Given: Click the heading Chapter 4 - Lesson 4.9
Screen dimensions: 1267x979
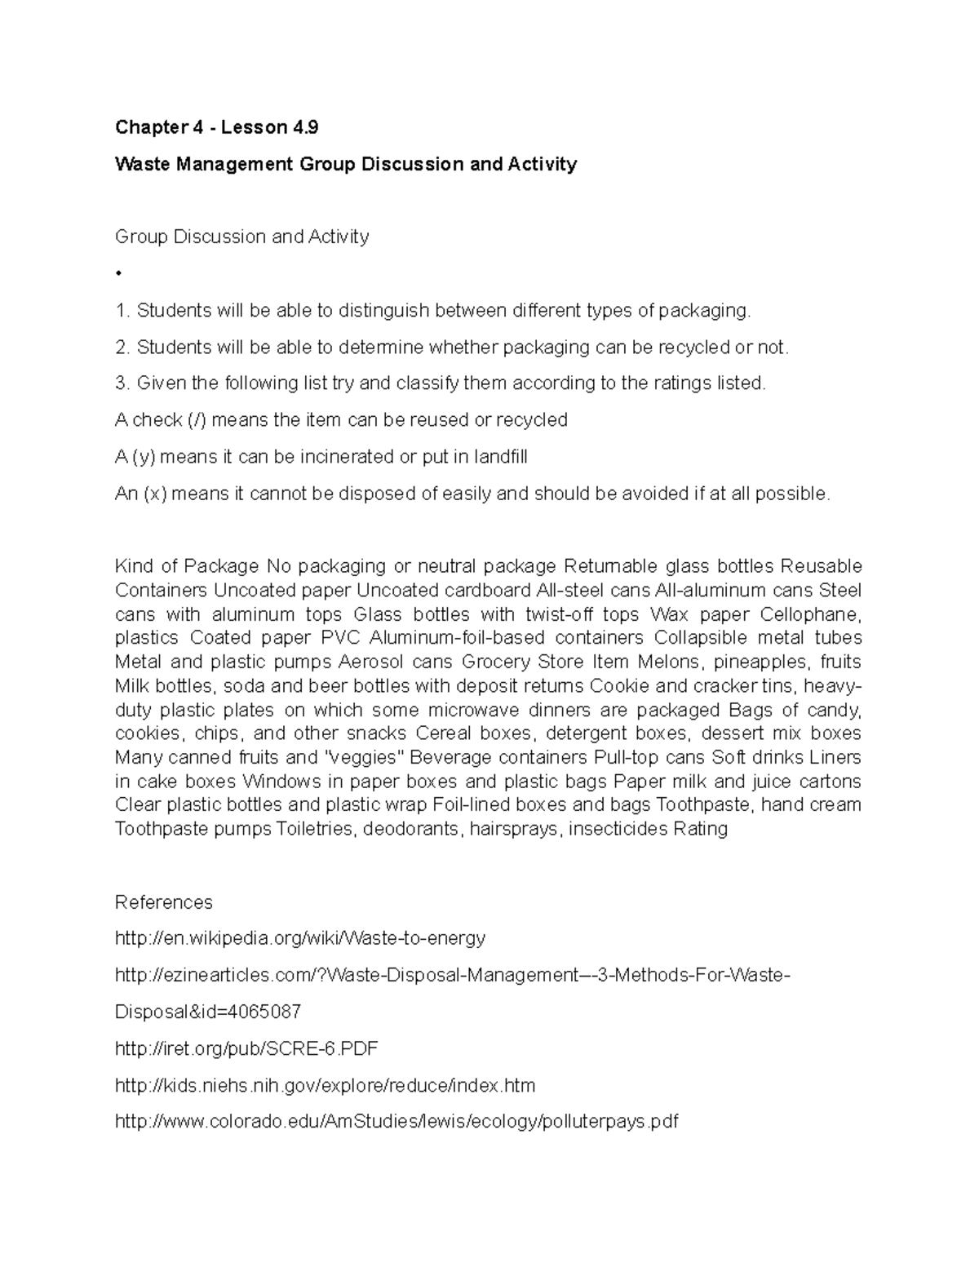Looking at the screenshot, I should coord(216,127).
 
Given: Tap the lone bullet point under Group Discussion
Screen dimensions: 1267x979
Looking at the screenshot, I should coord(119,273).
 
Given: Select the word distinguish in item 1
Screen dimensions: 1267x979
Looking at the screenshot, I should coord(383,311).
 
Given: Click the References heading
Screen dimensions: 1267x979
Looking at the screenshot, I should coord(163,902).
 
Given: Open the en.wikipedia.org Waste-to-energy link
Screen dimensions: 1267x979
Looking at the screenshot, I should coord(300,938).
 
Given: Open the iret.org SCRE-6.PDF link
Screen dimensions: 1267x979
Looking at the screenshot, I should coord(247,1048).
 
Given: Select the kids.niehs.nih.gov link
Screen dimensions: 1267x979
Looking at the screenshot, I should coord(326,1086).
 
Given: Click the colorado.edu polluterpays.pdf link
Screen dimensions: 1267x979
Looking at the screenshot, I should coord(396,1122).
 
